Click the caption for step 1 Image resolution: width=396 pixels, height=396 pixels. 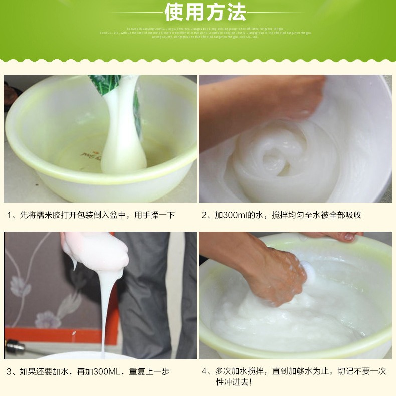91,215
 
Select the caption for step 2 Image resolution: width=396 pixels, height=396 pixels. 281,215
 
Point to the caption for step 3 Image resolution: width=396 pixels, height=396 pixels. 88,371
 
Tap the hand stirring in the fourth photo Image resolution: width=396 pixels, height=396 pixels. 273,273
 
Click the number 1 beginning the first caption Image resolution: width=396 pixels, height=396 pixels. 10,215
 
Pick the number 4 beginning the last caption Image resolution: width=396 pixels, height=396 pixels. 204,371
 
